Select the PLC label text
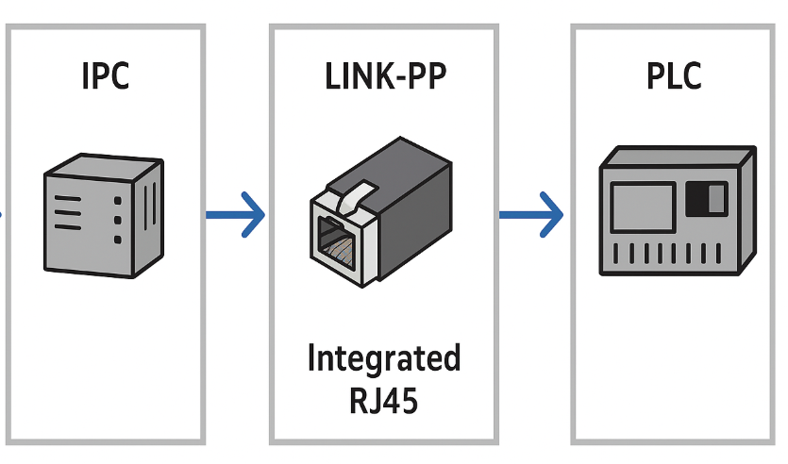(x=674, y=75)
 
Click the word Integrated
(x=383, y=359)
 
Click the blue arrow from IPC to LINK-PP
(x=236, y=215)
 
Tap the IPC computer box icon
(x=103, y=217)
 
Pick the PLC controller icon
(x=677, y=211)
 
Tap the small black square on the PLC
(x=701, y=198)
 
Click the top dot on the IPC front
(x=117, y=201)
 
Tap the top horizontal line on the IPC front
(x=68, y=199)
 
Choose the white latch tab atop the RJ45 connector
(x=353, y=193)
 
